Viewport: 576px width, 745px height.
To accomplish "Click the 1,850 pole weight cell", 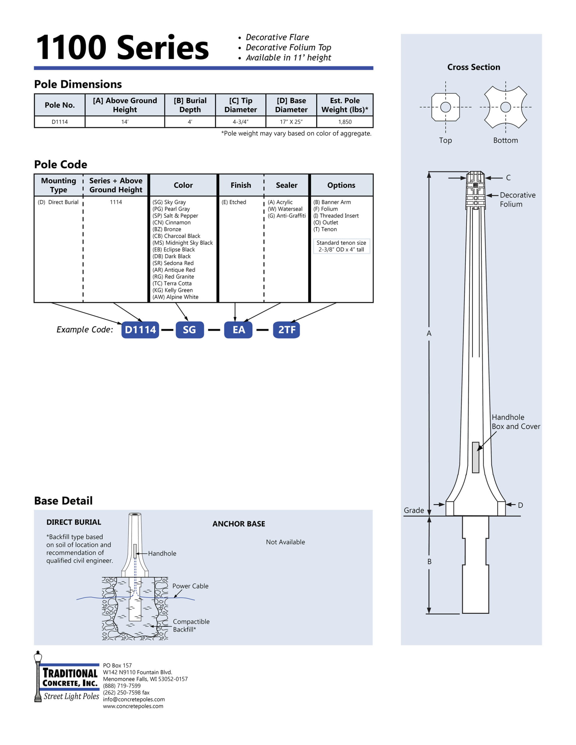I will (x=344, y=122).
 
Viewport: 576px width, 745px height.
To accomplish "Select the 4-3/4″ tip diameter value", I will (x=240, y=122).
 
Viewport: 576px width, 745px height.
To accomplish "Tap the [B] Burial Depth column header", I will (x=190, y=105).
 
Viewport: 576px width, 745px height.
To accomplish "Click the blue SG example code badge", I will (x=190, y=329).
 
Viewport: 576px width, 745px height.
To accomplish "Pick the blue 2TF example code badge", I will (x=286, y=329).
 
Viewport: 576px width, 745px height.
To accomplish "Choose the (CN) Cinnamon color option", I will (x=172, y=222).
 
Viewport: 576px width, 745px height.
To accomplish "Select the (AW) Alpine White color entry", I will (x=175, y=297).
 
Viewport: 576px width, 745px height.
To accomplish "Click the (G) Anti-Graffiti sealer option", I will (x=287, y=216).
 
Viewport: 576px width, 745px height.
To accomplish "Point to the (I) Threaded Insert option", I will (x=336, y=216).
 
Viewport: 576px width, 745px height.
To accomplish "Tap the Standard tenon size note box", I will (x=341, y=246).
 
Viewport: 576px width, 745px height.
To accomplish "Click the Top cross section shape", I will (x=445, y=107).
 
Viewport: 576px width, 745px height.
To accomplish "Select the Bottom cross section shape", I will (x=505, y=107).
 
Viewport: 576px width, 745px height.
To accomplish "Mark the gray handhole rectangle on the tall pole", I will (x=475, y=457).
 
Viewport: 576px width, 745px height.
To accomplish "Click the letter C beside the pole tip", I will (x=508, y=178).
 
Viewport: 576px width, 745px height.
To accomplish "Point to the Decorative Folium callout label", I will (x=517, y=200).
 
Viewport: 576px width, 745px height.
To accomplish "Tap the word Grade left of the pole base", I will (x=414, y=510).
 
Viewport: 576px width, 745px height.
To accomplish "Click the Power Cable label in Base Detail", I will (x=190, y=586).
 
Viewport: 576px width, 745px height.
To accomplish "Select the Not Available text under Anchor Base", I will (x=285, y=542).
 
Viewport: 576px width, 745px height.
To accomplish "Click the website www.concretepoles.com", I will (x=133, y=706).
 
